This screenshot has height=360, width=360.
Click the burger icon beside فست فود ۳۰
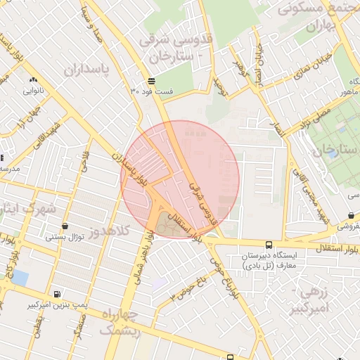(152, 81)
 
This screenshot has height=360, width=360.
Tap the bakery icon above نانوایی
(34, 78)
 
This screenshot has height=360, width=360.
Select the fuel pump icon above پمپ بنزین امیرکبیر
(57, 294)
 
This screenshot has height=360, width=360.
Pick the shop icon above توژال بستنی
(65, 226)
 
